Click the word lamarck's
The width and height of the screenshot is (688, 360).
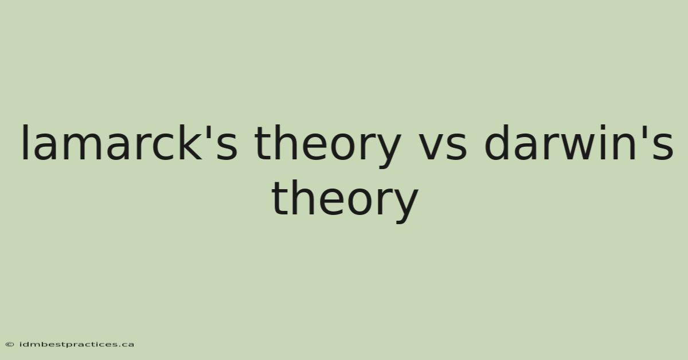coord(130,143)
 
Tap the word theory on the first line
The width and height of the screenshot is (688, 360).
coord(328,147)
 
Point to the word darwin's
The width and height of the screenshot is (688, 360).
coord(578,143)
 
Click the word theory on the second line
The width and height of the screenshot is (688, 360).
coord(345,202)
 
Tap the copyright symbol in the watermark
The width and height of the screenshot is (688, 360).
coord(10,345)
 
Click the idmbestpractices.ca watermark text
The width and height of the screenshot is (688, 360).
coord(77,345)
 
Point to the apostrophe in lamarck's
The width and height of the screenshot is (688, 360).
coord(208,131)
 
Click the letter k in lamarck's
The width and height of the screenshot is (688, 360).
coord(191,143)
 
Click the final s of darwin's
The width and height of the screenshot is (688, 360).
coord(663,147)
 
